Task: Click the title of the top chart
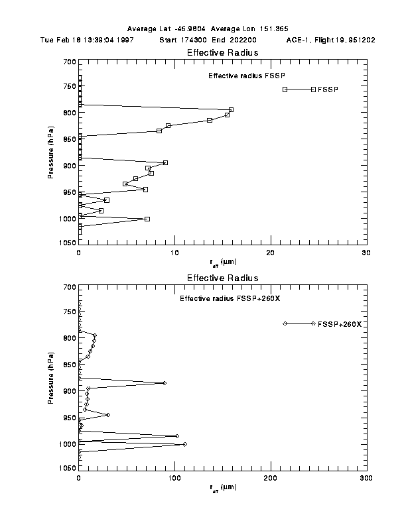coord(222,52)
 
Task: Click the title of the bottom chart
coord(222,278)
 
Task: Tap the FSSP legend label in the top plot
coord(328,89)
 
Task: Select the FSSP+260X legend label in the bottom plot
coord(339,323)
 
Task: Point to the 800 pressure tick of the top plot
coord(68,112)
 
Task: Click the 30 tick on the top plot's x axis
coord(366,253)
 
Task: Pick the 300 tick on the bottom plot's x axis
coord(366,477)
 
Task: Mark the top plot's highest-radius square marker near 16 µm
coord(231,109)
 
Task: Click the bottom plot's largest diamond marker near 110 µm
coord(184,444)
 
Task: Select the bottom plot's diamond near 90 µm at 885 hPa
coord(165,383)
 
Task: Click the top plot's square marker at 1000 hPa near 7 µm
coord(147,219)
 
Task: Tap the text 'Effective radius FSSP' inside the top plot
coord(241,76)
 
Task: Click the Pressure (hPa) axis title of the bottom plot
coord(51,378)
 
